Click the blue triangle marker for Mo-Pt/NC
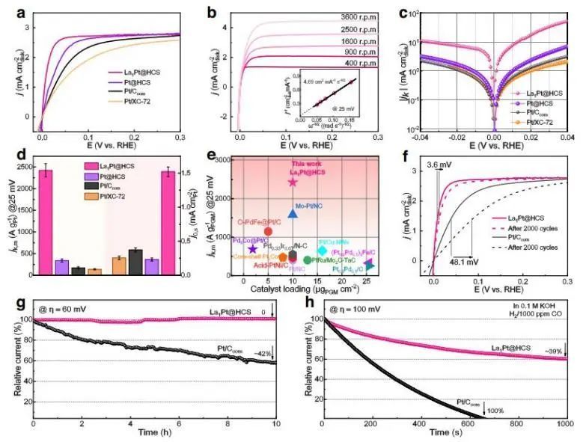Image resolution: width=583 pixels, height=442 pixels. click(x=293, y=214)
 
